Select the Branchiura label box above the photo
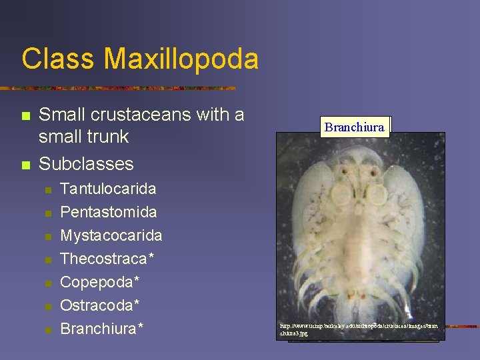[x=355, y=127]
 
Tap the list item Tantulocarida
[x=108, y=189]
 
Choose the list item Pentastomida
[x=109, y=212]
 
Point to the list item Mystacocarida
[x=111, y=235]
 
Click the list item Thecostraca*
[x=107, y=259]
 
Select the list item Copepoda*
[x=100, y=282]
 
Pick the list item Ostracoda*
[x=100, y=305]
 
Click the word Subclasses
[x=86, y=163]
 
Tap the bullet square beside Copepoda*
[x=47, y=283]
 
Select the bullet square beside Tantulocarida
[x=47, y=189]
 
